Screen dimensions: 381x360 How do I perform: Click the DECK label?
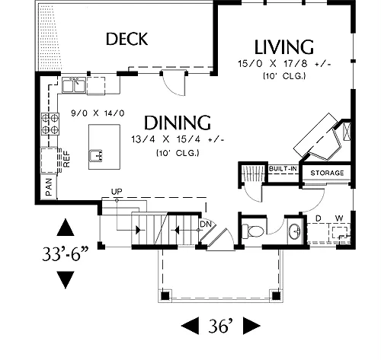(126, 39)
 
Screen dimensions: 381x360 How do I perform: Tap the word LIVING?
(284, 47)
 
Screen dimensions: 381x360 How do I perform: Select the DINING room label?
(178, 123)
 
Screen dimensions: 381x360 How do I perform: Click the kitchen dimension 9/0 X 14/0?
(98, 113)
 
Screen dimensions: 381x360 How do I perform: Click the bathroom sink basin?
(294, 231)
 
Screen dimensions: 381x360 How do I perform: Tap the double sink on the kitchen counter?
(74, 85)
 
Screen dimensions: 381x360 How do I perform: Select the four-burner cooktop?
(50, 124)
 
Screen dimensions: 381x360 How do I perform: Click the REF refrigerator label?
(66, 159)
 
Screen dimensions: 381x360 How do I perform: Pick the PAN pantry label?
(49, 187)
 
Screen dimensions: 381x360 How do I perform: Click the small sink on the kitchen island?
(96, 155)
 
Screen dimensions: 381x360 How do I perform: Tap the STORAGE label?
(327, 173)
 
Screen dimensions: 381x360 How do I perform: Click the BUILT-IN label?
(283, 168)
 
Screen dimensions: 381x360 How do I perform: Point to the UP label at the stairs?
(117, 192)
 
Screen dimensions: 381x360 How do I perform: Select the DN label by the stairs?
(206, 224)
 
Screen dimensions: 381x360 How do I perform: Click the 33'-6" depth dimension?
(66, 254)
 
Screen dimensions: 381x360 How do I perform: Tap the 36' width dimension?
(220, 326)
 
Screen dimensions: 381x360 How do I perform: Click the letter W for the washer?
(339, 218)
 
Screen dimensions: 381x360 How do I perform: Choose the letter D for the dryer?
(318, 218)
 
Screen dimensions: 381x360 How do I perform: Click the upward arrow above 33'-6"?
(66, 228)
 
